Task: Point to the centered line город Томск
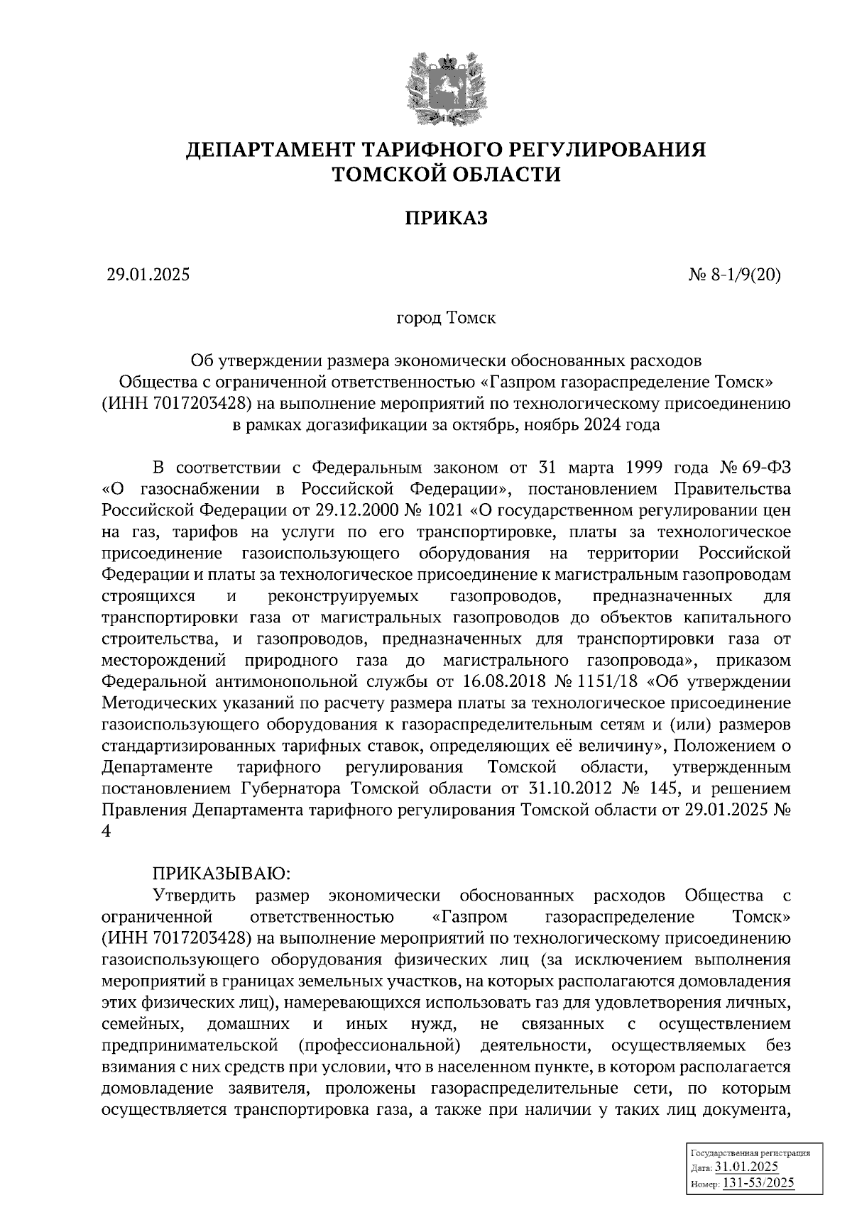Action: pos(446,318)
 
